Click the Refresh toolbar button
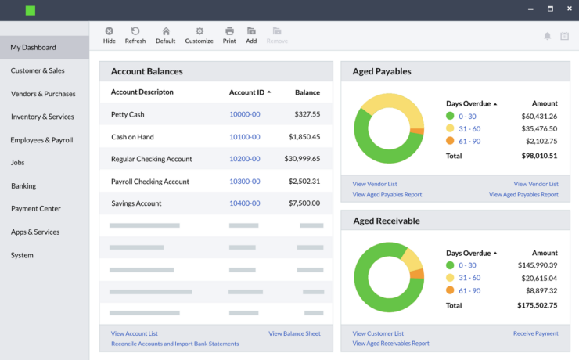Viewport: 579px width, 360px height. pyautogui.click(x=135, y=35)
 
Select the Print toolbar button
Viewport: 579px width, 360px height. pyautogui.click(x=229, y=35)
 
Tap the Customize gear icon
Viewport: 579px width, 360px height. pyautogui.click(x=199, y=31)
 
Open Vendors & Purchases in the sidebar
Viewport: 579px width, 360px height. pyautogui.click(x=43, y=94)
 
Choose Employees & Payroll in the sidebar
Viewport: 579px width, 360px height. pyautogui.click(x=41, y=140)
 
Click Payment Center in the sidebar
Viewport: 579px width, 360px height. pyautogui.click(x=36, y=209)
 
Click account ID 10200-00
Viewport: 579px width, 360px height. pyautogui.click(x=244, y=159)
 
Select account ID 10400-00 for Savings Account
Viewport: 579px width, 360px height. pyautogui.click(x=244, y=203)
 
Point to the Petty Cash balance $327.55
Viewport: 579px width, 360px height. pyautogui.click(x=307, y=114)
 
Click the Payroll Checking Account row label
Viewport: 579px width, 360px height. pyautogui.click(x=150, y=182)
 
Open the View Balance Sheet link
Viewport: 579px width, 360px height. pyautogui.click(x=294, y=333)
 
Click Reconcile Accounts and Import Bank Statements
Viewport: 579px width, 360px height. pyautogui.click(x=174, y=344)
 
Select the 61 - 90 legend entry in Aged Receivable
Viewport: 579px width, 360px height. pyautogui.click(x=469, y=291)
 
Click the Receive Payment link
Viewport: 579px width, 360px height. pyautogui.click(x=535, y=333)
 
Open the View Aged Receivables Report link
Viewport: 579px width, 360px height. pyautogui.click(x=390, y=344)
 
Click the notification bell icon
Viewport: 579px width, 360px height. pyautogui.click(x=547, y=36)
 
